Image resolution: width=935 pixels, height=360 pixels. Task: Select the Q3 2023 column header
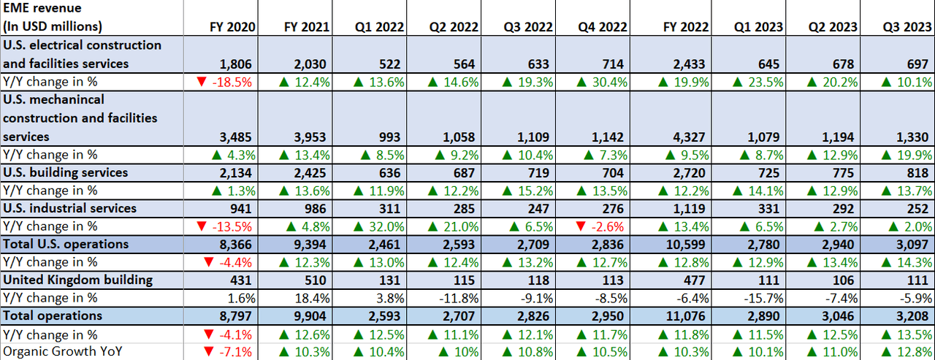[x=909, y=27]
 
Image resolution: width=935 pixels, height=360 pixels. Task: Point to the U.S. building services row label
[x=65, y=172]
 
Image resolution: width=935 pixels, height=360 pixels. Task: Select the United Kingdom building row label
[x=77, y=280]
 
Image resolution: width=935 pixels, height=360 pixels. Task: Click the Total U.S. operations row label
[x=66, y=244]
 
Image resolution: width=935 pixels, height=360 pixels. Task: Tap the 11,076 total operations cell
[x=689, y=316]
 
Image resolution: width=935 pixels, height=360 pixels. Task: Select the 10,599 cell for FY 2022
[x=689, y=245]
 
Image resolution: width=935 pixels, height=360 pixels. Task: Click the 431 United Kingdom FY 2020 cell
[x=244, y=280]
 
